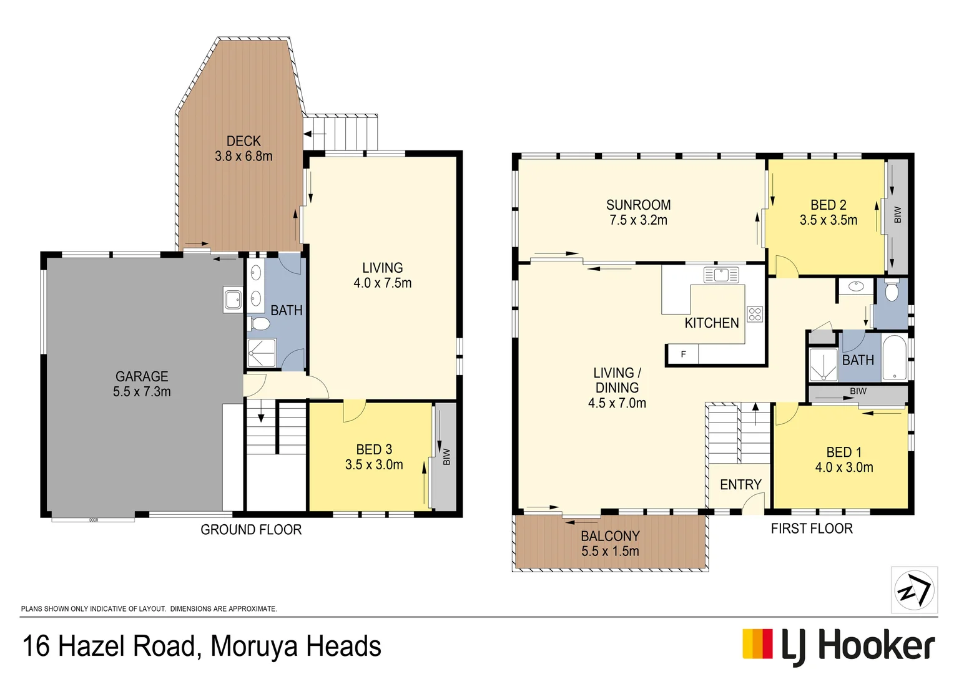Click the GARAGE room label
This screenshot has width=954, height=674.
142,376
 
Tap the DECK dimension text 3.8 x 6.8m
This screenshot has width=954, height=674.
243,157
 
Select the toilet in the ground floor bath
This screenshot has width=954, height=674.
258,323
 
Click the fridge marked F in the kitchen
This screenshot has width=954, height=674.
683,354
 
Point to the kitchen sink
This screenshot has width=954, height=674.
720,274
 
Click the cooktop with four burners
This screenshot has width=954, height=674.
754,314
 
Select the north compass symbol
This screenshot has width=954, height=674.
913,590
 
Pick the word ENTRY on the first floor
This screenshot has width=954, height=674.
740,485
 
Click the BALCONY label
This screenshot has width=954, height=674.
610,536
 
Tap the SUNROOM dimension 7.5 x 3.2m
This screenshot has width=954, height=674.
638,220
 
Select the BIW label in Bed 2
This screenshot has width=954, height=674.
898,215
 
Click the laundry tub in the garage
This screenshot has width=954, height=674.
233,300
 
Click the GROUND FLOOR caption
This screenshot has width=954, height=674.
251,530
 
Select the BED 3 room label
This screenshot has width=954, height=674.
374,449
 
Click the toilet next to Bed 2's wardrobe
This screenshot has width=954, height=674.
892,291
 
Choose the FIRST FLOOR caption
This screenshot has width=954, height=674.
811,529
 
